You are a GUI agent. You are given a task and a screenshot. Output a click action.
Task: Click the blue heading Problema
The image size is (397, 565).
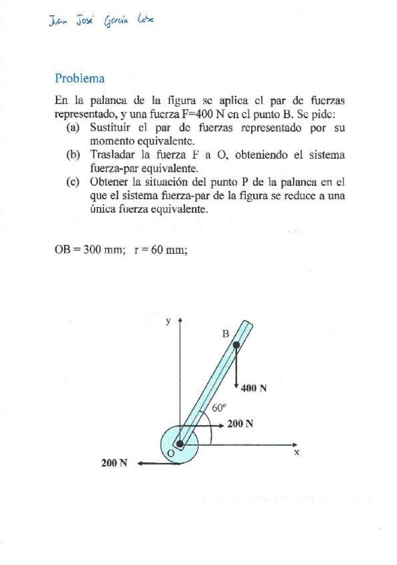(79, 78)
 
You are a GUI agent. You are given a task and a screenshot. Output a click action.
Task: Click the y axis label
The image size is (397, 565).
(169, 320)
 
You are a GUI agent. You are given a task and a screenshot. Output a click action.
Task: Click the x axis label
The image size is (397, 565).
(296, 452)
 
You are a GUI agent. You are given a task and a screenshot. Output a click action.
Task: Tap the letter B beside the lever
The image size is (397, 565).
(225, 332)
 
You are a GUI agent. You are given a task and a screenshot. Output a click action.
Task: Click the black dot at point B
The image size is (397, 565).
(236, 345)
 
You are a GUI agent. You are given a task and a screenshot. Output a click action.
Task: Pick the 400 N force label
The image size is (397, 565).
(254, 388)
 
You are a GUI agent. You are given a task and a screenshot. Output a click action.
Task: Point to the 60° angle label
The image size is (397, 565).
(219, 408)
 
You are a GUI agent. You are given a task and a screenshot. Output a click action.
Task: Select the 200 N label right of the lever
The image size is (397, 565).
(240, 423)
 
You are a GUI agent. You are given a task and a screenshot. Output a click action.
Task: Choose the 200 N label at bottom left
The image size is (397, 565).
(114, 463)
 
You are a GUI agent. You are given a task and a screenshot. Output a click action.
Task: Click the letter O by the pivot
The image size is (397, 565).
(171, 454)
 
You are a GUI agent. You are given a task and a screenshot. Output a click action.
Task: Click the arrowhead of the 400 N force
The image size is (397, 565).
(236, 385)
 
